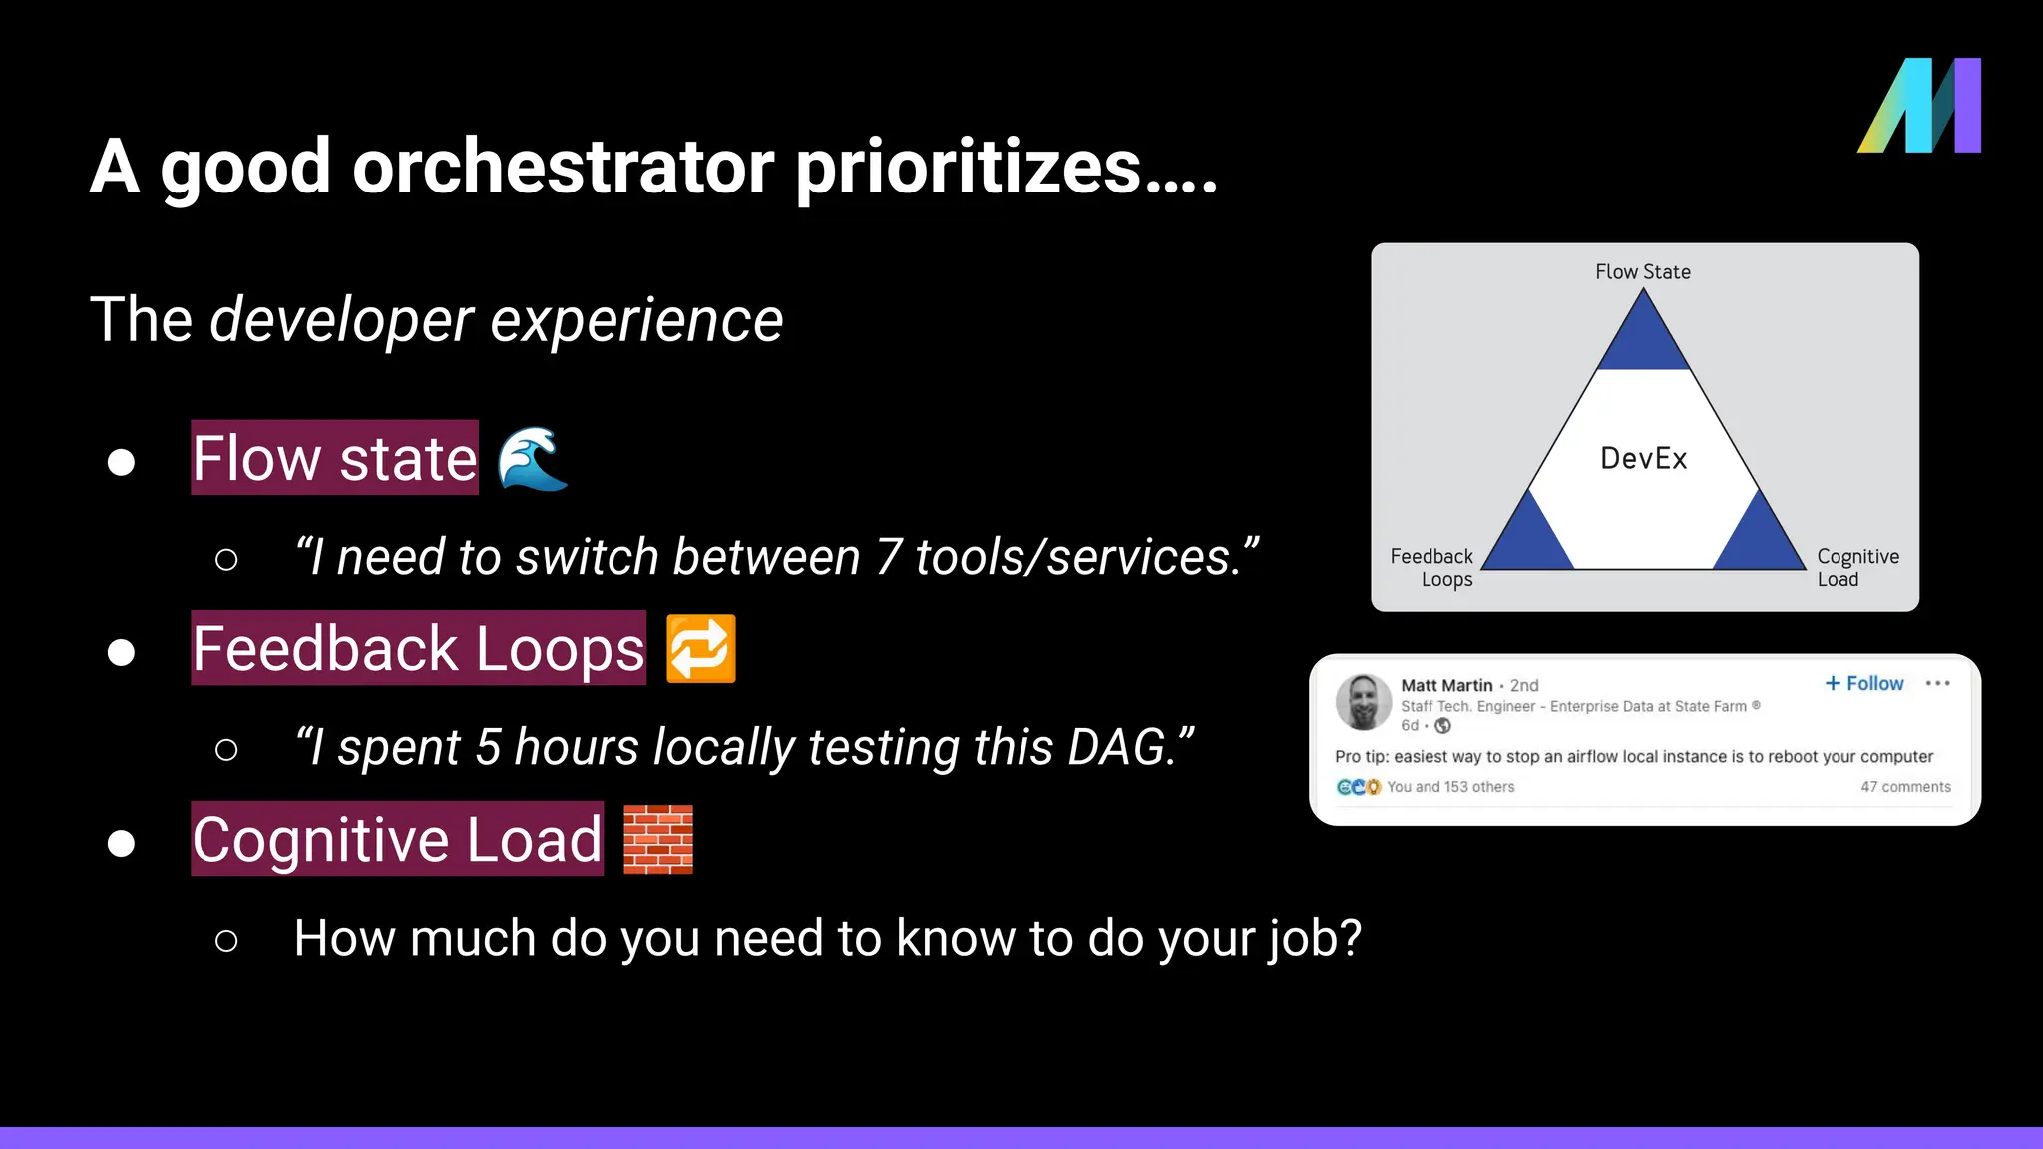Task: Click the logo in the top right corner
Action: tap(1919, 106)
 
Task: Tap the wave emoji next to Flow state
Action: tap(533, 459)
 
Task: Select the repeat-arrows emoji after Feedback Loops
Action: tap(701, 649)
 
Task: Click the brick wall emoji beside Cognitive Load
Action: tap(658, 840)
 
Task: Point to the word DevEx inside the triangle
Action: tap(1644, 459)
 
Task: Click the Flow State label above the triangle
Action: tap(1643, 272)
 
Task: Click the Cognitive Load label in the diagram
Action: tap(1857, 568)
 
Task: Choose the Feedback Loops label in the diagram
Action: tap(1432, 568)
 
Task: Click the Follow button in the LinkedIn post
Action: tap(1864, 683)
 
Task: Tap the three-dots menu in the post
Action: tap(1937, 683)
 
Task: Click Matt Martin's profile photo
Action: tap(1363, 701)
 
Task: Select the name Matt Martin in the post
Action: tap(1446, 685)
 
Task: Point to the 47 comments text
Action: tap(1905, 787)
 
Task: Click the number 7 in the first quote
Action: tap(889, 557)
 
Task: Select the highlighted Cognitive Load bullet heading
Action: tap(397, 839)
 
